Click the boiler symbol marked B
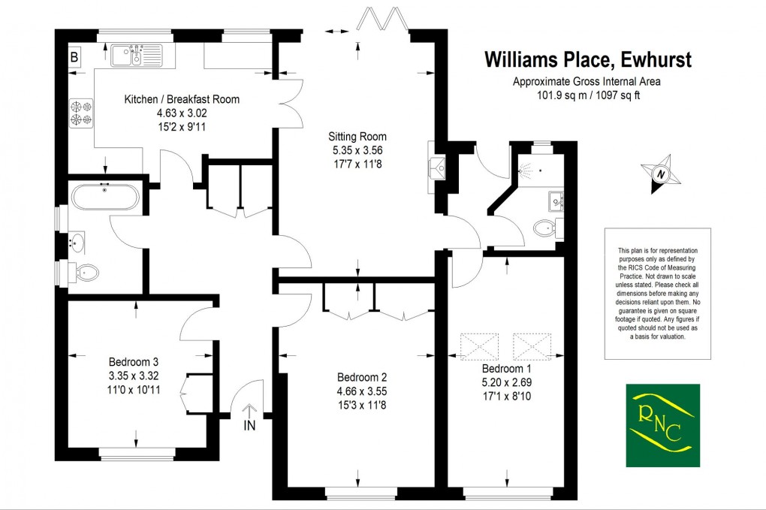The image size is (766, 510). tap(74, 56)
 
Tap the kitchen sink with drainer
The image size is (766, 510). tap(135, 55)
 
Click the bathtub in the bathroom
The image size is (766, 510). tap(105, 198)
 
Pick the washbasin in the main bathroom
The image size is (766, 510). tap(78, 243)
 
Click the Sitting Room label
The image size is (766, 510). tap(357, 137)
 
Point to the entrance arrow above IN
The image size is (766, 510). tap(251, 411)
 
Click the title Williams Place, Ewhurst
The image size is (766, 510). tap(587, 59)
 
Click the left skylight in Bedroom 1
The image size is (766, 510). tap(481, 346)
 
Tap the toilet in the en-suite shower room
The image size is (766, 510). tap(546, 227)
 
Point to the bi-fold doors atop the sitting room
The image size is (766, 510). tap(383, 19)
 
